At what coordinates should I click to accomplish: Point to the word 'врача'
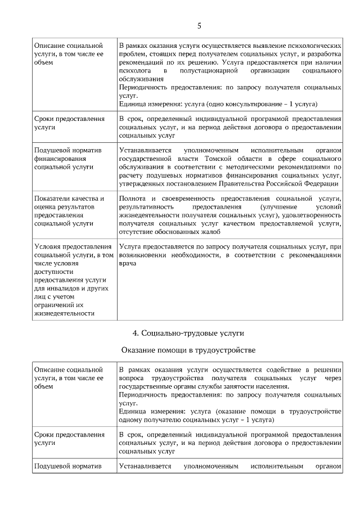click(128, 263)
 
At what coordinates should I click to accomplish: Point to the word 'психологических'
click(314, 44)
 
